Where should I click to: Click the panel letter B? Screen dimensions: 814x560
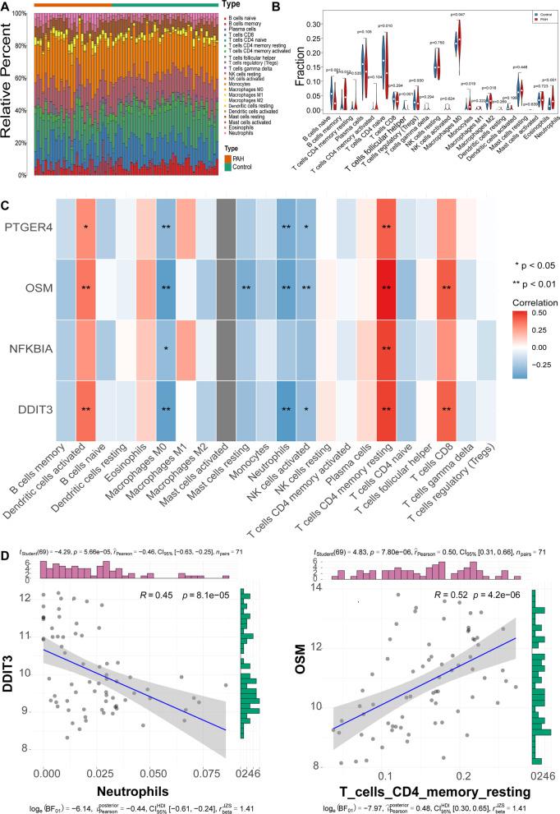pyautogui.click(x=290, y=9)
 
